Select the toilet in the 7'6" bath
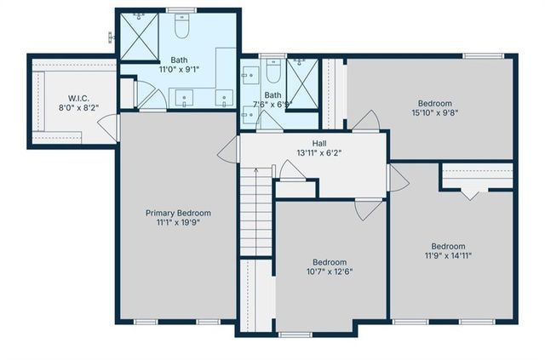(x=272, y=68)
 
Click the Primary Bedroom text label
(x=178, y=213)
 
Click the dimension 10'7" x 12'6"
(x=329, y=271)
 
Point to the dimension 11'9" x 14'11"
(x=448, y=254)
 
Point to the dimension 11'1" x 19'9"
(x=178, y=223)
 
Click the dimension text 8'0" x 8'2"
(x=74, y=107)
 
